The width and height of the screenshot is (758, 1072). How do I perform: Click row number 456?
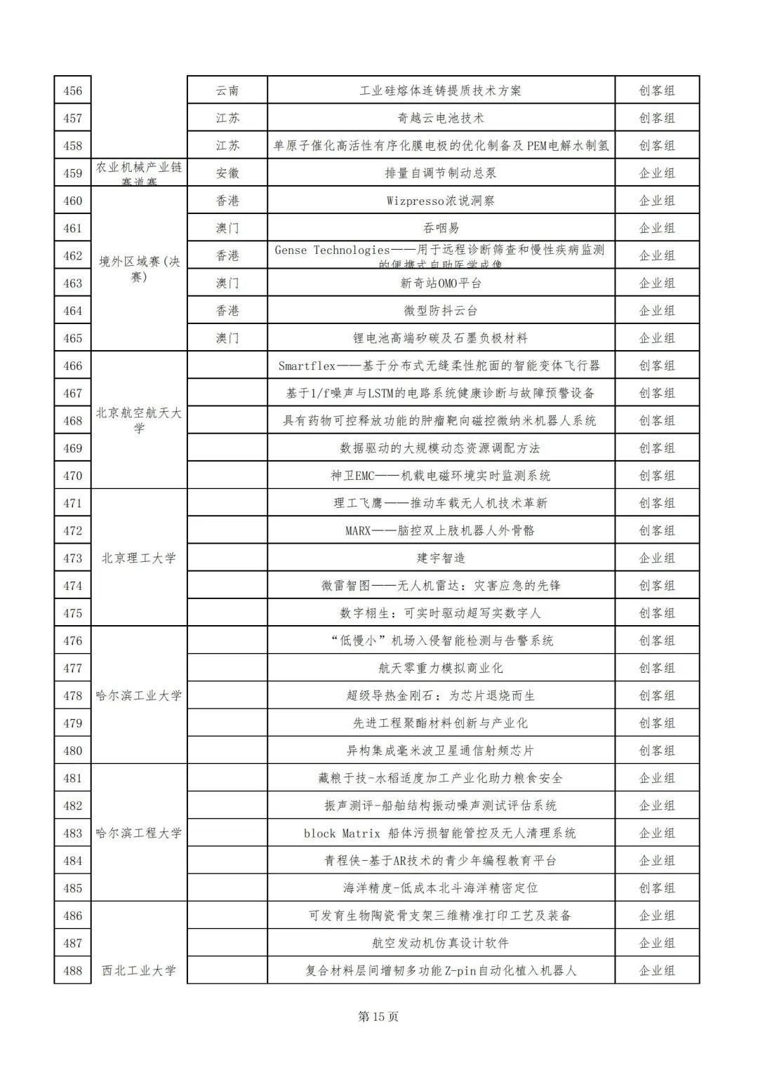click(73, 91)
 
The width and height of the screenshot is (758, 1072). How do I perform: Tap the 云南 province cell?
click(227, 91)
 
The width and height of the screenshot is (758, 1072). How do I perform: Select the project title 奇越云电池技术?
click(441, 118)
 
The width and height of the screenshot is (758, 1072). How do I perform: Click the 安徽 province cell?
click(227, 173)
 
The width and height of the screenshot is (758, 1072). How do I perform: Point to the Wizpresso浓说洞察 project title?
click(441, 201)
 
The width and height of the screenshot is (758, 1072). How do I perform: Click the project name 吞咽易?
click(441, 228)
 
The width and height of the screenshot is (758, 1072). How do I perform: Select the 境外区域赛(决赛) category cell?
click(139, 269)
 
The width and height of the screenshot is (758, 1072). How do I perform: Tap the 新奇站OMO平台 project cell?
click(441, 283)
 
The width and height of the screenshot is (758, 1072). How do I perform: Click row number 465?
click(73, 338)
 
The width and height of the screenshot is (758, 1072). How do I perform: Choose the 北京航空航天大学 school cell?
click(139, 420)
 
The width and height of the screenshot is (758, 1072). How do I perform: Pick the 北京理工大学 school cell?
click(139, 558)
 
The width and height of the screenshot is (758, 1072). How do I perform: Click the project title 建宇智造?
click(441, 558)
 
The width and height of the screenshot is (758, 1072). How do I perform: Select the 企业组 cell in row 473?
click(657, 558)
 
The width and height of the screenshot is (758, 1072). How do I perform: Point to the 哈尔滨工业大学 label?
click(139, 695)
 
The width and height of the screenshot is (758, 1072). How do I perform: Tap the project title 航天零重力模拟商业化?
click(441, 668)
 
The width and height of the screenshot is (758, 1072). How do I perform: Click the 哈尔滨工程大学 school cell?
click(139, 833)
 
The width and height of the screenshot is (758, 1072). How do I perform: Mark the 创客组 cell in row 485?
click(657, 888)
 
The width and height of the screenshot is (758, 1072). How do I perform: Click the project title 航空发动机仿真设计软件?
click(441, 943)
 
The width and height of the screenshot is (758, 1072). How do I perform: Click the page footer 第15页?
click(378, 1017)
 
